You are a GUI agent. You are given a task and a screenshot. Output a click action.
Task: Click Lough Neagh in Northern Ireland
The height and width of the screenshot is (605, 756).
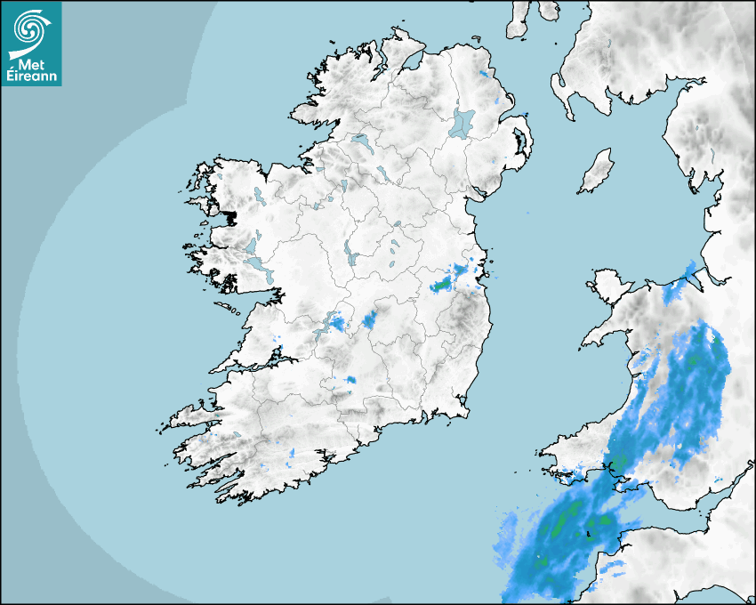[462, 122]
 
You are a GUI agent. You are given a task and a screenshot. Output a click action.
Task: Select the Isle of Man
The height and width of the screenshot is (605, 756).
[597, 172]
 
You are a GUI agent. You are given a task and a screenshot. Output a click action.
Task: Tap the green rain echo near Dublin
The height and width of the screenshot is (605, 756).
[440, 286]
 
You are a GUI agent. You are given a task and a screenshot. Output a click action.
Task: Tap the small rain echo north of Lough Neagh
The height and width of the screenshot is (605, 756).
[484, 73]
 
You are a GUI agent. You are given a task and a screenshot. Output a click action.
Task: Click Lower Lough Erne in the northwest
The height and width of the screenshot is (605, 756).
[361, 141]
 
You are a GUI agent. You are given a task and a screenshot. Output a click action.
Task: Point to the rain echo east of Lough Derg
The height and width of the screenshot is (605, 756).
[370, 319]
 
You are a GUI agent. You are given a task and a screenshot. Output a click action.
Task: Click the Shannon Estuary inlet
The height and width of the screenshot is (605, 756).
[258, 360]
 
